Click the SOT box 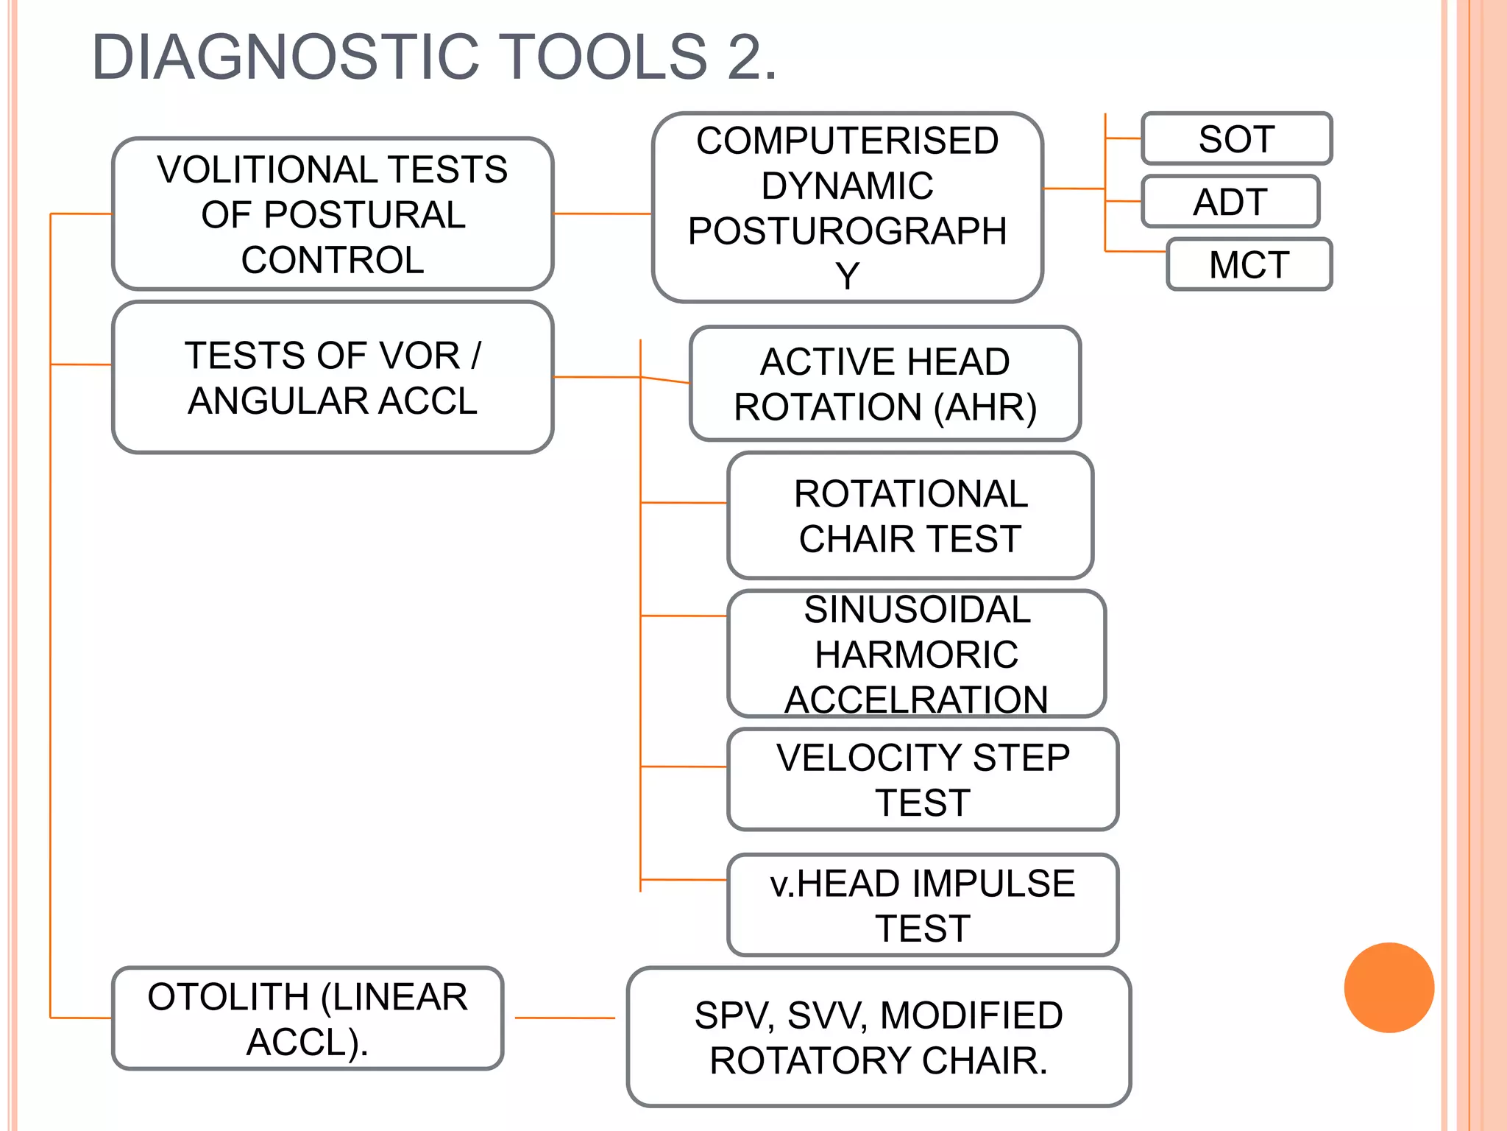[1236, 138]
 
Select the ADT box [1230, 201]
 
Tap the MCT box [1249, 264]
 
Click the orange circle [1389, 987]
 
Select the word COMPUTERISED [847, 141]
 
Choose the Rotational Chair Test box [910, 515]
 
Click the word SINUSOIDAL [917, 610]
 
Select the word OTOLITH [227, 997]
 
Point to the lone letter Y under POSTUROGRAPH [847, 276]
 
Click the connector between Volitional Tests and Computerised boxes [602, 214]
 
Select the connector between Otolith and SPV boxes [564, 1018]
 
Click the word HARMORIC [916, 655]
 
